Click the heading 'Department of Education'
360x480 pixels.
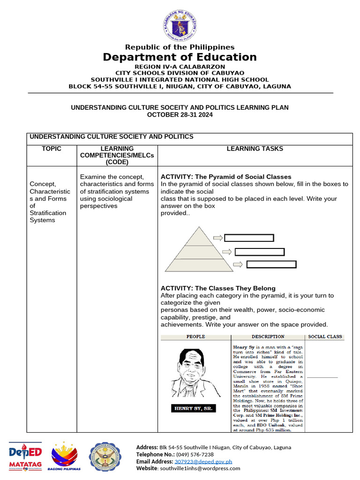(180, 57)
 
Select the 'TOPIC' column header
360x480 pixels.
(52, 149)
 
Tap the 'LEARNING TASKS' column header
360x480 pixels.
(255, 149)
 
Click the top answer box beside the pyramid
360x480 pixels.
(249, 238)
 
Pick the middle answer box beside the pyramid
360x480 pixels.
(260, 252)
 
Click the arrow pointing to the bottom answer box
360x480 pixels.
(238, 264)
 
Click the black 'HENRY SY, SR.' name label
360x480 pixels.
(194, 408)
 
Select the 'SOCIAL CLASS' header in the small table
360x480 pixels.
(325, 337)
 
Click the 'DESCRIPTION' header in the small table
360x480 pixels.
(268, 337)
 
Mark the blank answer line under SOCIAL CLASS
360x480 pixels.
(322, 377)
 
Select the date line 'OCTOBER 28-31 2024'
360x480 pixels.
(180, 115)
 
